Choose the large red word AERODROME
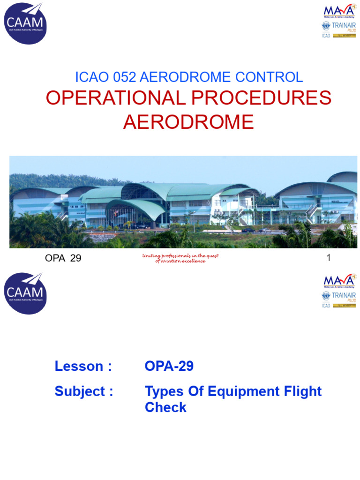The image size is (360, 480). coord(188,122)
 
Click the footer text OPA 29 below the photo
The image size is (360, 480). coord(62,258)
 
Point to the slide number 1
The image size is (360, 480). coord(329,257)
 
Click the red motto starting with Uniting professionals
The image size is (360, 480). coord(180,258)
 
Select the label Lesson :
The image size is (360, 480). coord(83,366)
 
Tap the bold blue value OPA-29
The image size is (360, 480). coord(169,366)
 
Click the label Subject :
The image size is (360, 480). coord(84,391)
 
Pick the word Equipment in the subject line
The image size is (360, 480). coord(237,391)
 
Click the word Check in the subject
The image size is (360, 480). coord(165,407)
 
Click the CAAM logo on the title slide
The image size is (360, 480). coord(25,23)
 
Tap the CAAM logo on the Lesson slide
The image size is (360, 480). coord(25,293)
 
